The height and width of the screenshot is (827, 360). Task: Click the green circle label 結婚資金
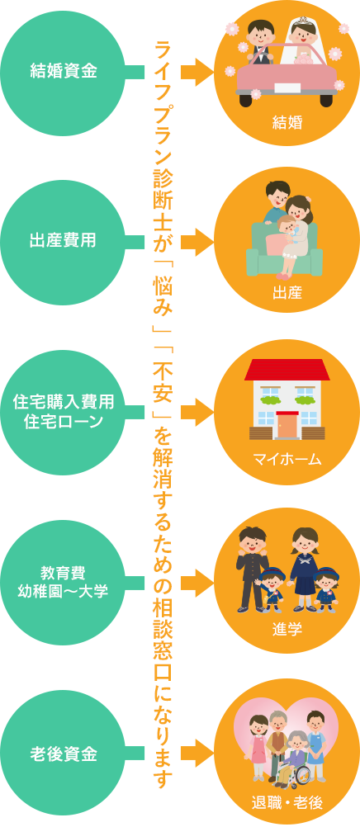click(x=64, y=72)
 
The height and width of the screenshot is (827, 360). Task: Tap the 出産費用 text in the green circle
click(x=64, y=240)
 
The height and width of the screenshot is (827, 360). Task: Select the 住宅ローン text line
click(x=64, y=422)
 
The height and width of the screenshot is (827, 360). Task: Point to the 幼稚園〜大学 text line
click(x=64, y=591)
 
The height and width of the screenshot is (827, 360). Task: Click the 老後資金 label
click(x=64, y=754)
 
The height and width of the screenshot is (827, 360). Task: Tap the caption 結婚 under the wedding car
click(x=287, y=123)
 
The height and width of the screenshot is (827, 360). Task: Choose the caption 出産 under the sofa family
click(x=287, y=293)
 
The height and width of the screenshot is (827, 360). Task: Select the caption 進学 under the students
click(x=287, y=629)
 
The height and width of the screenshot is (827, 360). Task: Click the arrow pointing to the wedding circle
click(x=197, y=72)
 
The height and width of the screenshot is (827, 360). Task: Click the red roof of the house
click(x=287, y=370)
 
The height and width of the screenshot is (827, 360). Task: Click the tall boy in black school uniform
click(x=253, y=569)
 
